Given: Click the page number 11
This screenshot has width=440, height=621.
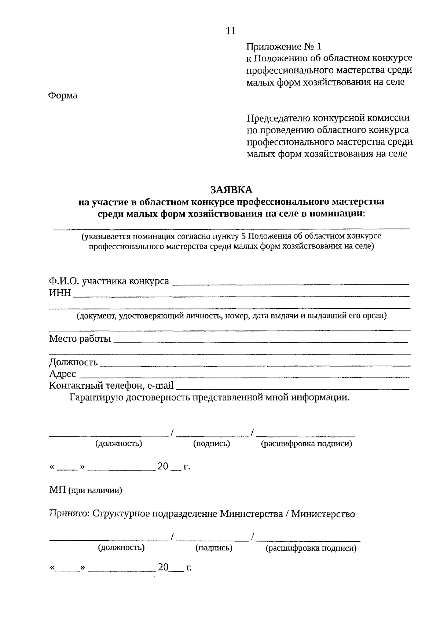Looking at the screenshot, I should [x=231, y=31].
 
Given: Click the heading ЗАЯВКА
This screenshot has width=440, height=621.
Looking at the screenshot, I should [x=231, y=189].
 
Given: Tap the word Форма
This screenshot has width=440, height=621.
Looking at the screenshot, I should [x=63, y=95].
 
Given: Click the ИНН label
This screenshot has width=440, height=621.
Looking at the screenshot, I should [x=60, y=293].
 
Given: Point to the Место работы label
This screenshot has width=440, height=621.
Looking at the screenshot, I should [x=80, y=338].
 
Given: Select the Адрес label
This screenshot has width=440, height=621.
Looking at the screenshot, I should [x=62, y=374].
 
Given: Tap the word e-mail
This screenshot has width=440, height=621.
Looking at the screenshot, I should [x=160, y=385].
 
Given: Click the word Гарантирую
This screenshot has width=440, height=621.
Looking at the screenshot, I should [x=96, y=397].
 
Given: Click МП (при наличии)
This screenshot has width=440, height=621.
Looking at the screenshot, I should [x=85, y=490].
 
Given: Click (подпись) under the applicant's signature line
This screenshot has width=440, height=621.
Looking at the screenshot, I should [x=212, y=444].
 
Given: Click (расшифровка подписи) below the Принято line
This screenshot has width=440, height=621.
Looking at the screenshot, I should [x=311, y=548].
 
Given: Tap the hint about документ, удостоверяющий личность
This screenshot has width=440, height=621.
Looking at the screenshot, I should [x=231, y=316].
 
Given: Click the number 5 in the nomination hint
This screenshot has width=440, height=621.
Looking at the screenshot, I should [x=243, y=236].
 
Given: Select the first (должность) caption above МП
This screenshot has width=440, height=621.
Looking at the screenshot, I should [x=118, y=444].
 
